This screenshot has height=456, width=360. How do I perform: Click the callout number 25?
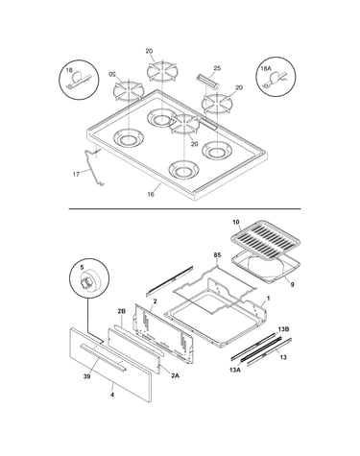point(217,68)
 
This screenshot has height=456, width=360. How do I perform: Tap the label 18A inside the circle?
point(266,69)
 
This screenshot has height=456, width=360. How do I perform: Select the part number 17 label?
point(76,175)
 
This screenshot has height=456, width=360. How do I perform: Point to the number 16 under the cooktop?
point(151,194)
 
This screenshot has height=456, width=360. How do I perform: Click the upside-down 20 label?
point(112,74)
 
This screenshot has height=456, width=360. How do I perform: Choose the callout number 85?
point(217,255)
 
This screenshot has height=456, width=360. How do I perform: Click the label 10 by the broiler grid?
point(236,222)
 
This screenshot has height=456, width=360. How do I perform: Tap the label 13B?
point(283,329)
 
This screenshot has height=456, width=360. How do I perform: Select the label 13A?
point(235,370)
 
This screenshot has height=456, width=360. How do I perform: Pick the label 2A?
point(175,375)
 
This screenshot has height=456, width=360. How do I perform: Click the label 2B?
point(121,311)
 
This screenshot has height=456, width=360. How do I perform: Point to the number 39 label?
point(86,376)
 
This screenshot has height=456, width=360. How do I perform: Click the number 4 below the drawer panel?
point(112,395)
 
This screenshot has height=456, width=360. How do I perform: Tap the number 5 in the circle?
point(82,267)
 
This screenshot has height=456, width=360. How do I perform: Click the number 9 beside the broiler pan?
point(292,284)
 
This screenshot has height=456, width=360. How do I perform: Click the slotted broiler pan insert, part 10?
point(265,240)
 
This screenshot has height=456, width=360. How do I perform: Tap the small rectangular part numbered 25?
point(207,82)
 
